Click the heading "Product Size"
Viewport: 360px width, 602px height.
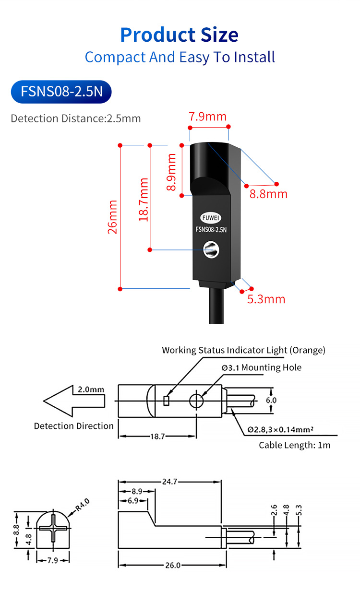pyautogui.click(x=179, y=35)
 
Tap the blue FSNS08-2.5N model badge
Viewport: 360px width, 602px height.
pyautogui.click(x=61, y=91)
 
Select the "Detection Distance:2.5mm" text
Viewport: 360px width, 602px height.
pyautogui.click(x=76, y=118)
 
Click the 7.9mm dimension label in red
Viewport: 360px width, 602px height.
pyautogui.click(x=207, y=117)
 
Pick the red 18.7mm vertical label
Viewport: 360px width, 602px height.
pyautogui.click(x=143, y=199)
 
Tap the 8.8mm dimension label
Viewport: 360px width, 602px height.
pyautogui.click(x=268, y=194)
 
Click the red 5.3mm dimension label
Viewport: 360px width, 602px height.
pyautogui.click(x=266, y=299)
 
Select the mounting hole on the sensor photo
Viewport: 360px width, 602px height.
pyautogui.click(x=210, y=248)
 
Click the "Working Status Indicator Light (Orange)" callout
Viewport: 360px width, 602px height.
pyautogui.click(x=243, y=350)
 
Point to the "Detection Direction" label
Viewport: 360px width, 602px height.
pyautogui.click(x=74, y=426)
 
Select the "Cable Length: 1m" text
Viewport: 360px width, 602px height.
pyautogui.click(x=295, y=445)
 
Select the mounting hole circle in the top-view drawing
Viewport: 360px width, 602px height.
pyautogui.click(x=196, y=400)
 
